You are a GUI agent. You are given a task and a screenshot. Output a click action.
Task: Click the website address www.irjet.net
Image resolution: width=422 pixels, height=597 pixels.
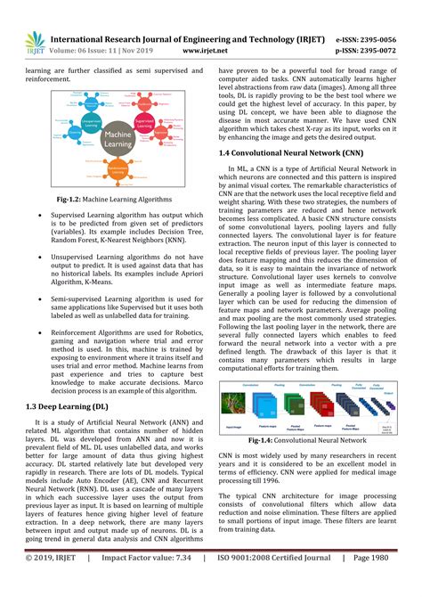(201, 52)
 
